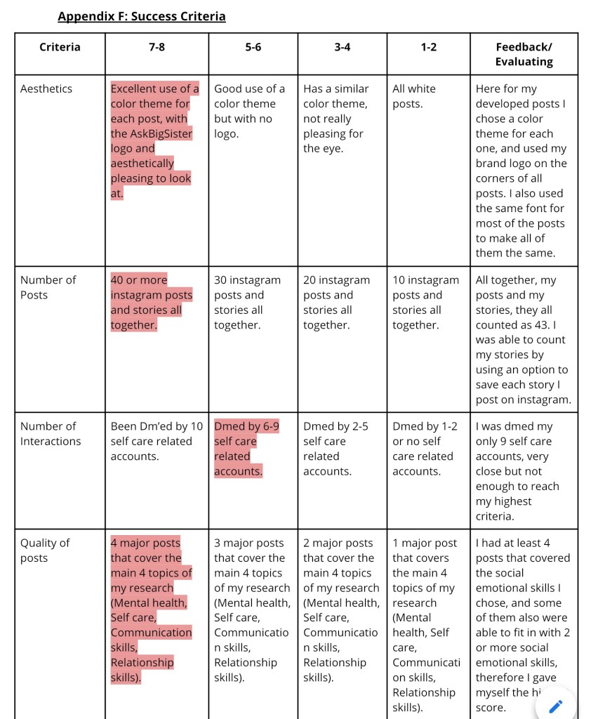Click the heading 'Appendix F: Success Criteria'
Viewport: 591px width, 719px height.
(x=141, y=16)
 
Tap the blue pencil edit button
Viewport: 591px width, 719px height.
(x=555, y=706)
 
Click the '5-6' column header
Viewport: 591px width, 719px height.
(x=253, y=47)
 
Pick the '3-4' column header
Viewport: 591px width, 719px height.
(x=342, y=47)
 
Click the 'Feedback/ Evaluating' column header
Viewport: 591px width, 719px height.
(x=524, y=54)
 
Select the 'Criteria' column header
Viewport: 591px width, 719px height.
(x=60, y=47)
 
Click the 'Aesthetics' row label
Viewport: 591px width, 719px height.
(x=46, y=88)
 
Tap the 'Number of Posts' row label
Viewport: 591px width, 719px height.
(x=48, y=287)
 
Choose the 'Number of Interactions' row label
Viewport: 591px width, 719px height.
(x=51, y=433)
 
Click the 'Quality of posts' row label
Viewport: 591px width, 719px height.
(x=45, y=550)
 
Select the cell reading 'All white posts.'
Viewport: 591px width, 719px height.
(x=414, y=96)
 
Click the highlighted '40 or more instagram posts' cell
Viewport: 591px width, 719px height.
(x=151, y=302)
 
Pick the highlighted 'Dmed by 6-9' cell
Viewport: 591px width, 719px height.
(x=246, y=449)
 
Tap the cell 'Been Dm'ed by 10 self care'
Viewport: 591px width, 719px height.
(x=156, y=441)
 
